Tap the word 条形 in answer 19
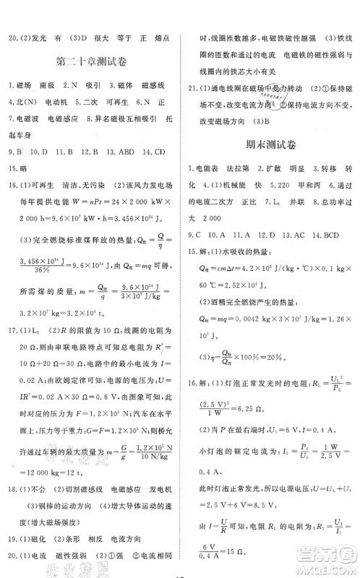(x=70, y=538)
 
